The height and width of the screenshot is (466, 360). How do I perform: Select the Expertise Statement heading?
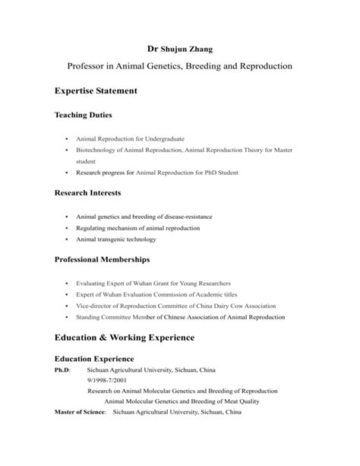[96, 91]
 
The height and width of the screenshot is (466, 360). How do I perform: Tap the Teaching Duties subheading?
[84, 115]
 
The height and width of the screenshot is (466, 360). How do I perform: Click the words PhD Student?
[216, 173]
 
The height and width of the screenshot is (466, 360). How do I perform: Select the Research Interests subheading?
[88, 194]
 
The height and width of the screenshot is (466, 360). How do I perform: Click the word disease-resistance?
[186, 217]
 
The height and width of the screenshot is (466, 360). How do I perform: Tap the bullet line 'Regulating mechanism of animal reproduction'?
[137, 228]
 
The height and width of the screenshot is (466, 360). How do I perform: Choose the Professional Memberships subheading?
[107, 260]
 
